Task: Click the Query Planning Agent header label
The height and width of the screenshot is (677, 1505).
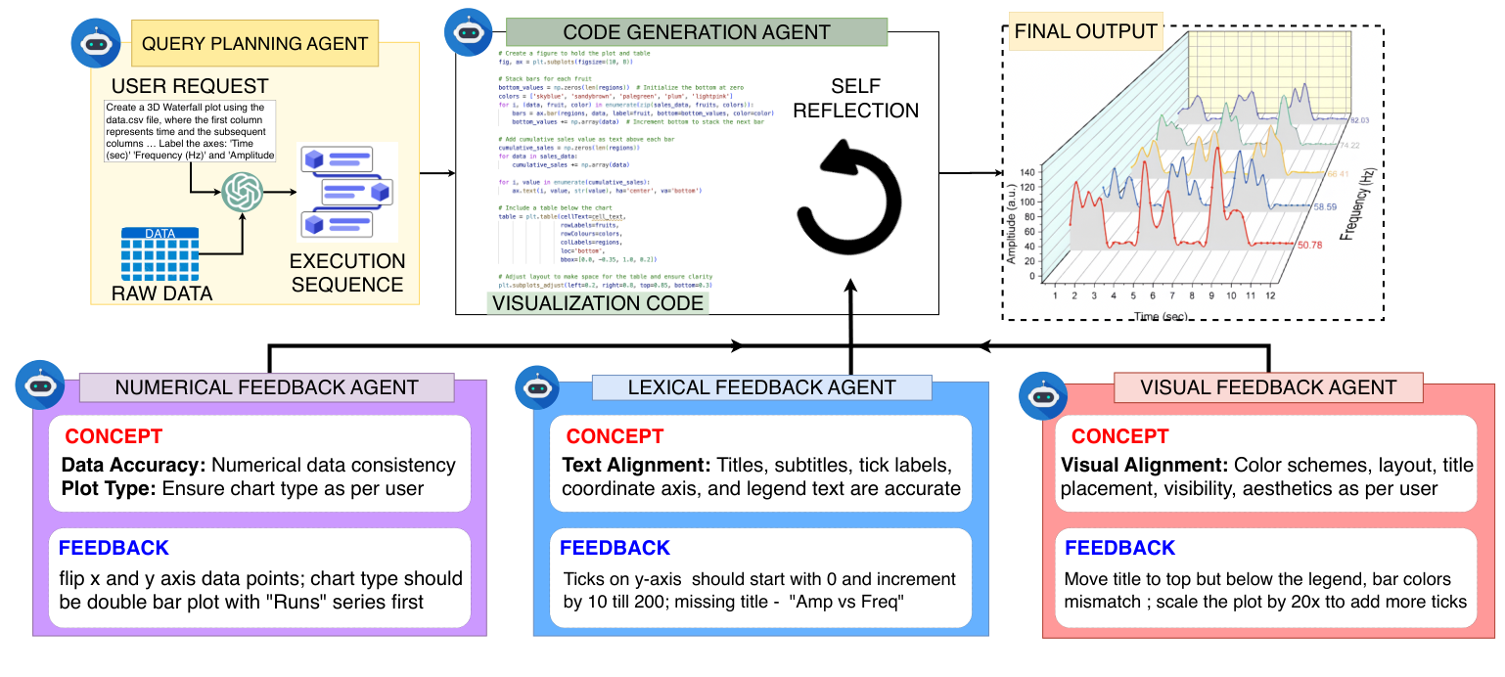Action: (254, 44)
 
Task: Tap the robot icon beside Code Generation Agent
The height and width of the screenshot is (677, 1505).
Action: (464, 30)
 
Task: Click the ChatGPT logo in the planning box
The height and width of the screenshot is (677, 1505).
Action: (241, 192)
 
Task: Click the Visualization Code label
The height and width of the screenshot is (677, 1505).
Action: (598, 303)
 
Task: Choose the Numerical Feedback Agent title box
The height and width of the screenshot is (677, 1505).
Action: (266, 387)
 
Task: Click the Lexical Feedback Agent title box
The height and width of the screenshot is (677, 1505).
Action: (761, 387)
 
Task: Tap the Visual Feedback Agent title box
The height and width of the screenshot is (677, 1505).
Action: (1267, 387)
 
